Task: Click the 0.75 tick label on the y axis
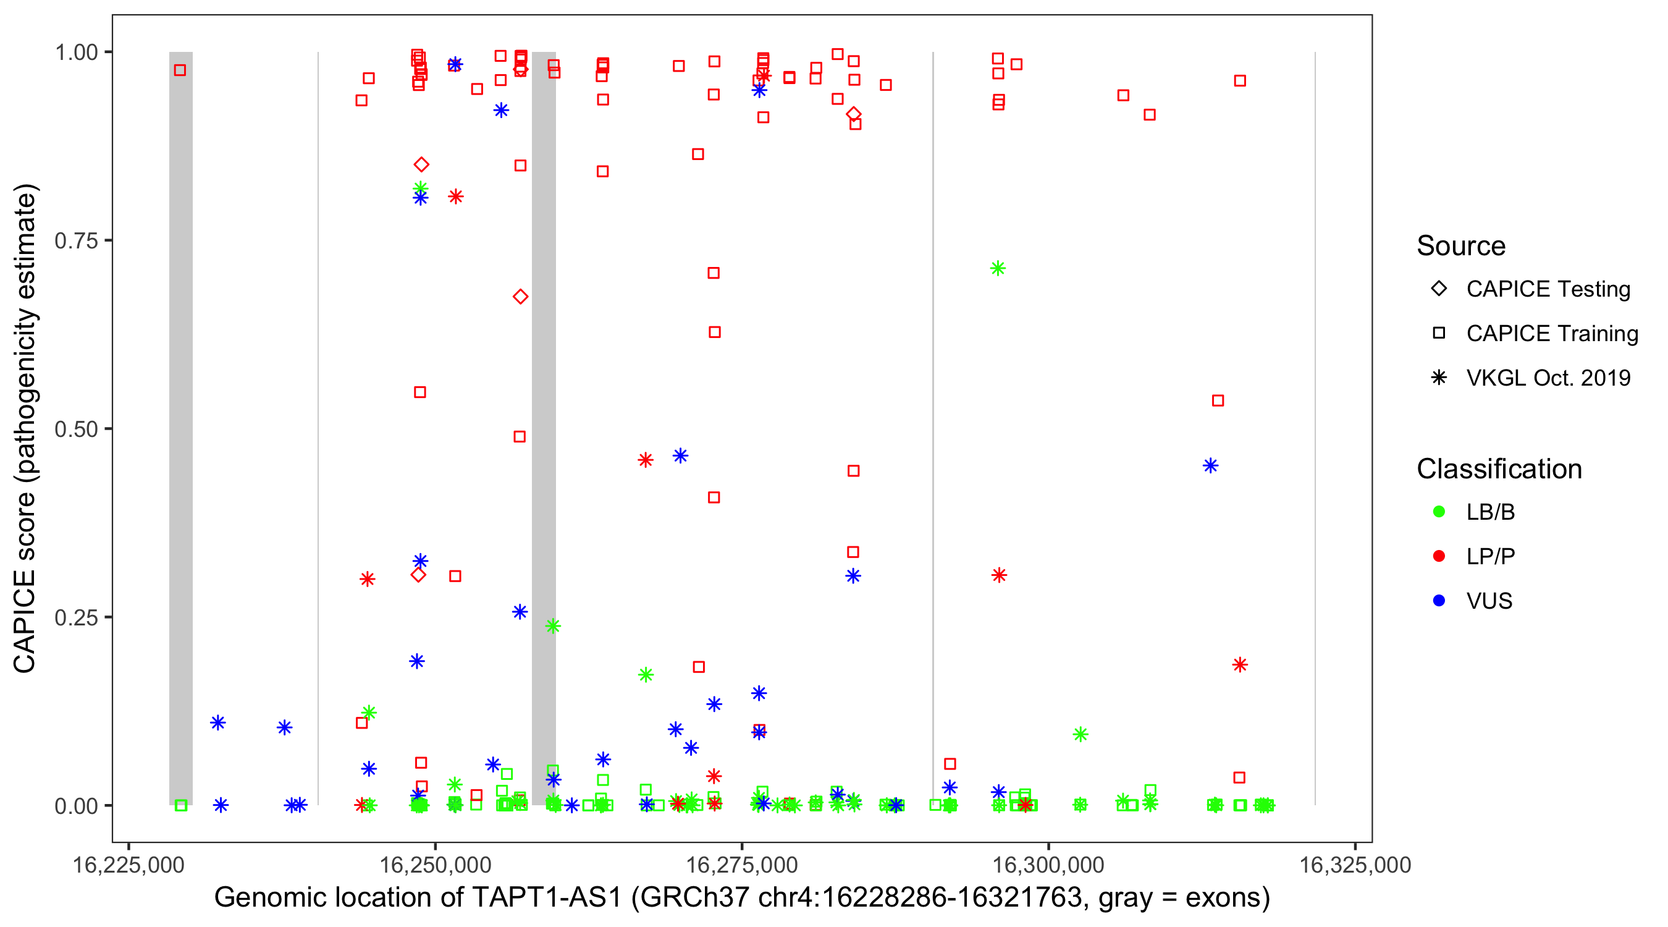pos(75,241)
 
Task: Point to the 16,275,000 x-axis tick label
pos(741,865)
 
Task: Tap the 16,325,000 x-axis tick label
pos(1355,865)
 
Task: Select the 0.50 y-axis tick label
pos(75,429)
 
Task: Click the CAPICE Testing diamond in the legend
pos(1439,289)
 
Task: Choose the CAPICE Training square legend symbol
pos(1439,334)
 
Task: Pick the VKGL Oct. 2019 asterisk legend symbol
pos(1439,378)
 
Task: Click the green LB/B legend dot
pos(1439,512)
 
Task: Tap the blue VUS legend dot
pos(1439,601)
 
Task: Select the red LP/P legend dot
pos(1439,556)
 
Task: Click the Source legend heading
pos(1461,246)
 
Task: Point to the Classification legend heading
pos(1499,469)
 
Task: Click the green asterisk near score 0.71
pos(998,268)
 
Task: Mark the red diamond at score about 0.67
pos(520,297)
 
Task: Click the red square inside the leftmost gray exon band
pos(180,70)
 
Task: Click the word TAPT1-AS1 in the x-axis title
pos(547,898)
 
